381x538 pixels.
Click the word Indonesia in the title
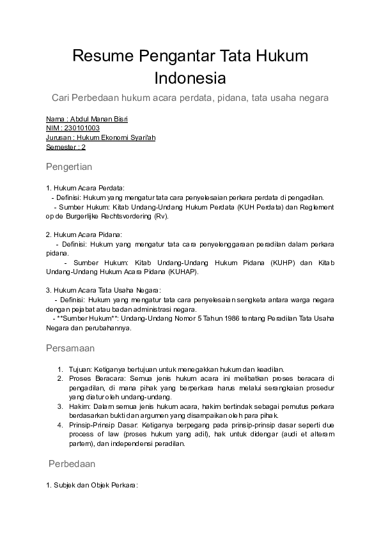point(190,79)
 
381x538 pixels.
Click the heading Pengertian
point(69,167)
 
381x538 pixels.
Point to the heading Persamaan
point(70,348)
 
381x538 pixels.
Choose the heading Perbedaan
point(72,465)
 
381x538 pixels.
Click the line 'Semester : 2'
point(66,147)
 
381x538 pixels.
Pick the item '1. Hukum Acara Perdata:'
point(85,188)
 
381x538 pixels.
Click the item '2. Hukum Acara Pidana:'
point(84,234)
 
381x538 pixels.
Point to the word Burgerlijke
point(96,216)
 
